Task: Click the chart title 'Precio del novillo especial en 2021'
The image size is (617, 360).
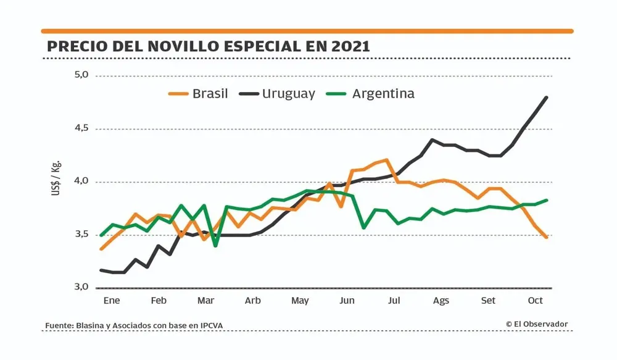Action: [x=209, y=47]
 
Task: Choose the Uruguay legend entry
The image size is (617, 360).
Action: [x=278, y=94]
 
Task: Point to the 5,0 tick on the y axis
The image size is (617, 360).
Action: [x=81, y=75]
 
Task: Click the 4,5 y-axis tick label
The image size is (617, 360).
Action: [x=81, y=128]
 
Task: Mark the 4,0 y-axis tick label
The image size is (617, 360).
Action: [x=81, y=182]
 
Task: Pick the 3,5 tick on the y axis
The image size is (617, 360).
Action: [x=81, y=234]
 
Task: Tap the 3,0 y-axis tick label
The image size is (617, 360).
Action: [x=81, y=287]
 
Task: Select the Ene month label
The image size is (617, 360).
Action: [x=112, y=301]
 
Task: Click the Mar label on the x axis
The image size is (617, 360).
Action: [x=205, y=301]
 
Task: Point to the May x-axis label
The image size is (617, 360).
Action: [x=300, y=301]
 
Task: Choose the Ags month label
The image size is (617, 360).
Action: [x=441, y=301]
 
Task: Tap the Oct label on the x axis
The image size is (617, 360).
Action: [x=535, y=301]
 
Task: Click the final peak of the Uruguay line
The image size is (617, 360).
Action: [x=547, y=98]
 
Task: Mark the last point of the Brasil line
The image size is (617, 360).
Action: [x=547, y=237]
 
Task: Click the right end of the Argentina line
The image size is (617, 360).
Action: [x=547, y=200]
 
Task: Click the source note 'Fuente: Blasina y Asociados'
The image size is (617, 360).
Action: [x=131, y=325]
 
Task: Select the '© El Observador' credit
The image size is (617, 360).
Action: [x=537, y=324]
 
